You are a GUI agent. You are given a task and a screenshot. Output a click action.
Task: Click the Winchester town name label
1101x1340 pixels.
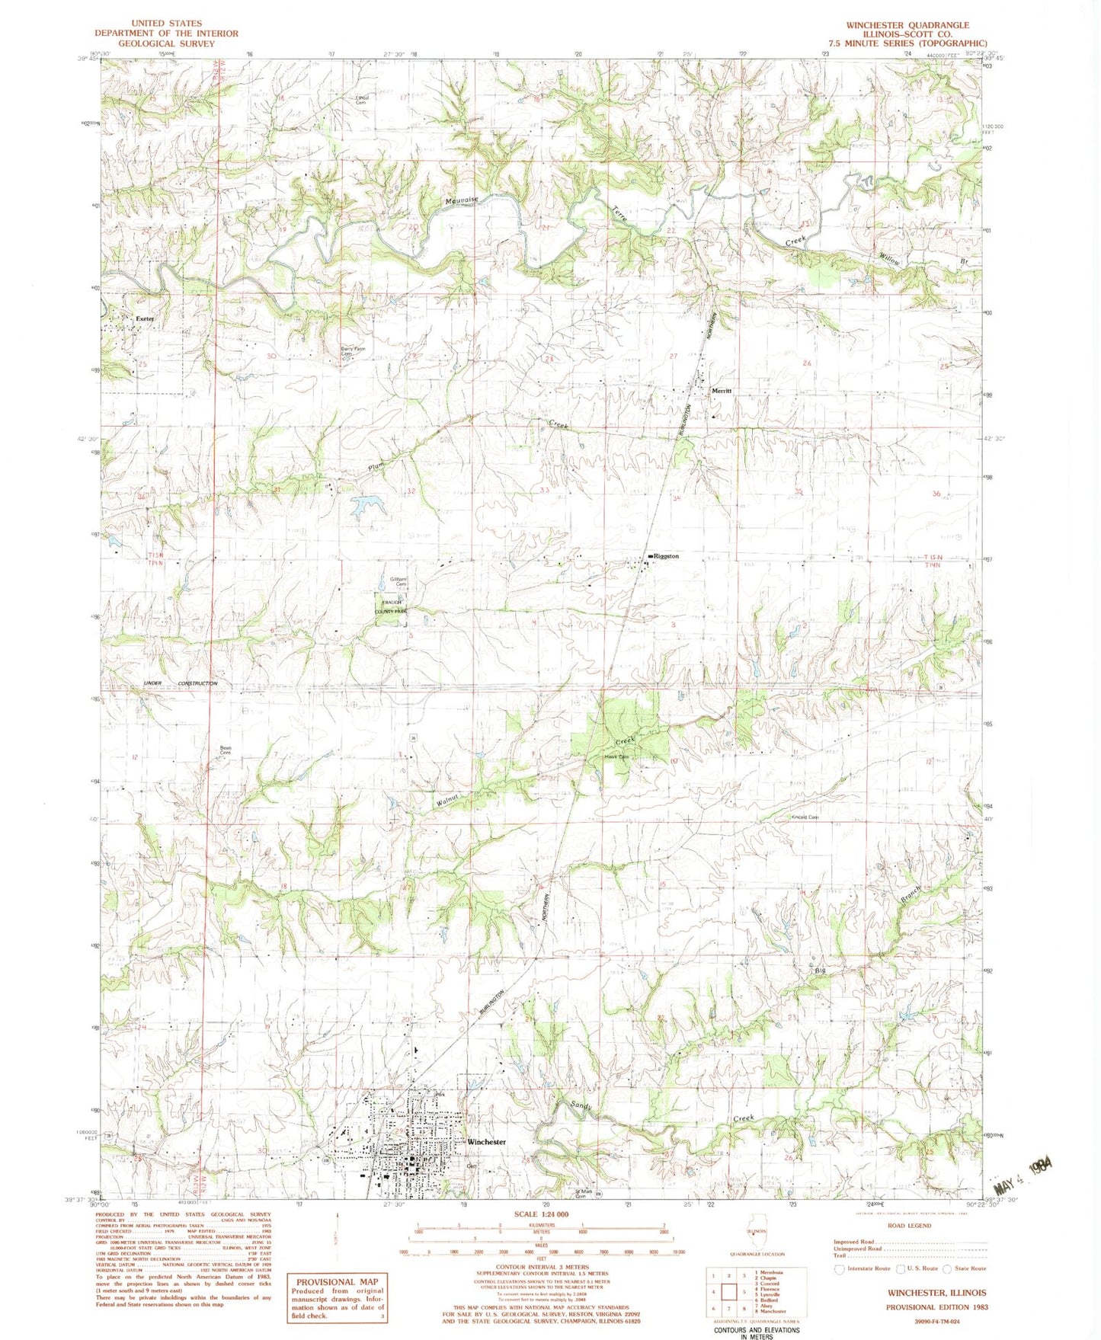[486, 1142]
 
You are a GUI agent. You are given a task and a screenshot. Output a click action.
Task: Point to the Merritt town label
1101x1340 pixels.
[722, 391]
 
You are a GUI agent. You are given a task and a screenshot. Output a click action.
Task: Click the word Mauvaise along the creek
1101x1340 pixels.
[462, 200]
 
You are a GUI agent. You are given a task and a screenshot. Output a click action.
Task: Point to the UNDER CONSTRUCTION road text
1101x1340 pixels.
[181, 683]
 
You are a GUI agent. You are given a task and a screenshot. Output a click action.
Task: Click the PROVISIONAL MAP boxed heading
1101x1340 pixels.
[337, 1282]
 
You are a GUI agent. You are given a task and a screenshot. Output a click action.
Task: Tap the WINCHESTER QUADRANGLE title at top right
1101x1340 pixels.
[907, 25]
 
